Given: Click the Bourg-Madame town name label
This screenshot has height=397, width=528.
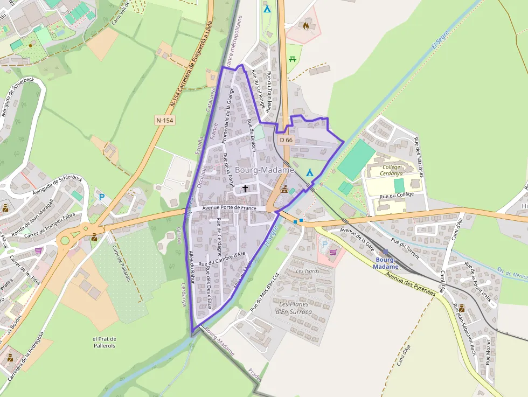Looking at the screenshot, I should tap(265, 170).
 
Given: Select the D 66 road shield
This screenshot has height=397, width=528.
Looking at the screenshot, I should tap(286, 140).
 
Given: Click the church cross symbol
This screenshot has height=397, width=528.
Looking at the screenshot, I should tap(246, 188).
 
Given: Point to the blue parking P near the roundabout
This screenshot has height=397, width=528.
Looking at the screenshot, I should tap(101, 198).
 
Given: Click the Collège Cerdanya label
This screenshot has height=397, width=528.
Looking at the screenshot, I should tap(391, 170).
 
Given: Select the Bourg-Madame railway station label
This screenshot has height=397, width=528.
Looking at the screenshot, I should tap(386, 263).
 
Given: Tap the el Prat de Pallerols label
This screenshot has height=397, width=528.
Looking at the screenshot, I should tap(105, 342).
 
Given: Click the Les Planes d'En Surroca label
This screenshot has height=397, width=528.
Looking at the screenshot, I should tap(294, 308).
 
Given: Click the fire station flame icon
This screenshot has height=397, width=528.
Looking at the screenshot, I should tap(307, 25).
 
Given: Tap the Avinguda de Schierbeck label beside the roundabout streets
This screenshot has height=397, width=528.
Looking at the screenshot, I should tap(57, 184).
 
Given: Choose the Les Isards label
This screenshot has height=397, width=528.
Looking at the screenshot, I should tap(308, 271).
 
